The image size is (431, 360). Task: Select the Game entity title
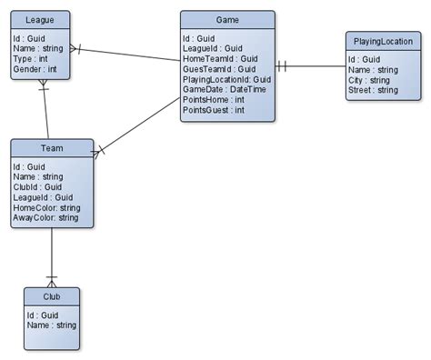(x=226, y=19)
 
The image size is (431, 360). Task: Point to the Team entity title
(x=51, y=147)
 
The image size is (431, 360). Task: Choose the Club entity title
(x=51, y=296)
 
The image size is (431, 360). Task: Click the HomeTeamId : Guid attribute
(x=221, y=59)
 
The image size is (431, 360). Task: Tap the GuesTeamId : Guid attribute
(x=219, y=69)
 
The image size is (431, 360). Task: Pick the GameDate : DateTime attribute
(x=224, y=90)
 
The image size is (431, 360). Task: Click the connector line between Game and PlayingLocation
(x=309, y=65)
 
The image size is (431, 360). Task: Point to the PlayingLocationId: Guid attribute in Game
(x=227, y=80)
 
